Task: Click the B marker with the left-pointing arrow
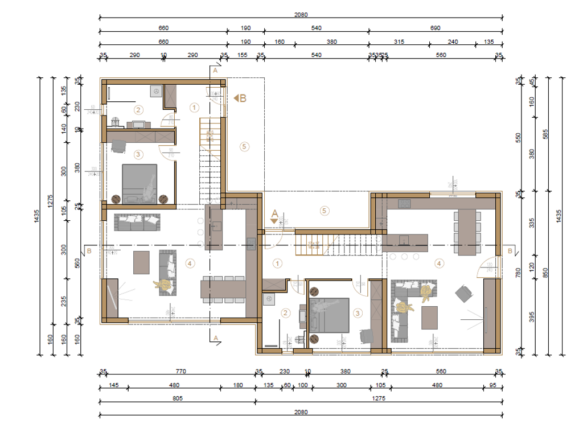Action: [x=240, y=98]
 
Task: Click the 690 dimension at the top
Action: [x=435, y=27]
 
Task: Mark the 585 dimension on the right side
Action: [x=545, y=134]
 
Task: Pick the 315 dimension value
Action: [x=399, y=42]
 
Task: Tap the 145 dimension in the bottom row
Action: [x=113, y=385]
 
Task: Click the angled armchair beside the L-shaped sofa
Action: [x=465, y=294]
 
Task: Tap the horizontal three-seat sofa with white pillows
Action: [x=137, y=223]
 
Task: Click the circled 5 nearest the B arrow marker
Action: [x=244, y=146]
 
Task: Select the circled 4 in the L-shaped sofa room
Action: [x=438, y=263]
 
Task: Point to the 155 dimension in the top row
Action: [x=242, y=55]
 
